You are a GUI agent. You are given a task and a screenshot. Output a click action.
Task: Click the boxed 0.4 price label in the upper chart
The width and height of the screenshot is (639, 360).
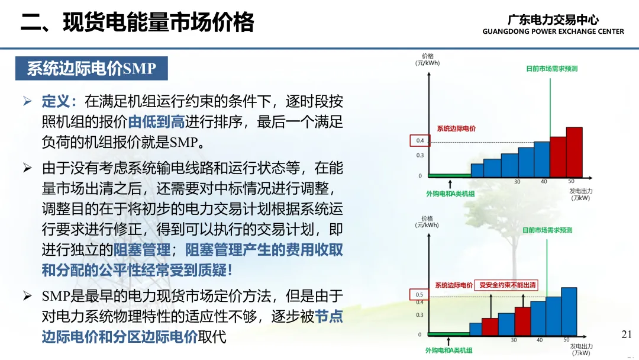419,141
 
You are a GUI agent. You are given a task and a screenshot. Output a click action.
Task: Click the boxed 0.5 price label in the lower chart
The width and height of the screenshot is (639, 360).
419,294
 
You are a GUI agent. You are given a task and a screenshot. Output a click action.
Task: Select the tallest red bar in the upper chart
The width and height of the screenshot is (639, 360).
574,152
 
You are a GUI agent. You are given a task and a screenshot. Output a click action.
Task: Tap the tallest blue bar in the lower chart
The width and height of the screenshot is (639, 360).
569,311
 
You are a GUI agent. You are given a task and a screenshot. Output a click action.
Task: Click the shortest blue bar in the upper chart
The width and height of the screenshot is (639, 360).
477,171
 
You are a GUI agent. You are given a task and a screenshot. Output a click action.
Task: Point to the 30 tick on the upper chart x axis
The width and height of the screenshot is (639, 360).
517,182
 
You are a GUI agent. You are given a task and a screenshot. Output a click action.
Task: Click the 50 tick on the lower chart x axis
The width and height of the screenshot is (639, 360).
566,340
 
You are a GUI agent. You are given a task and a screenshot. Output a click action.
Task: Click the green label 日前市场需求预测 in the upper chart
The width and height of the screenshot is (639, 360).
552,69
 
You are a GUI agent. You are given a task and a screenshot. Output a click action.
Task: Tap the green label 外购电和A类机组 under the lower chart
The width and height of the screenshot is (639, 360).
448,350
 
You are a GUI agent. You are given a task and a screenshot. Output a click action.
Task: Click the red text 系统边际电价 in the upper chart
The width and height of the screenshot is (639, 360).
456,129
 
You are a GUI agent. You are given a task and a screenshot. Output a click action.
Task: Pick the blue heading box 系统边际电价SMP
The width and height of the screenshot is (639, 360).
92,69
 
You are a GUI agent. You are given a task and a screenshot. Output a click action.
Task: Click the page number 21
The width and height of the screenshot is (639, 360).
627,335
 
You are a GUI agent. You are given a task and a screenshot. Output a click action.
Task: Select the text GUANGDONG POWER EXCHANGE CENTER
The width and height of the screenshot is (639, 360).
553,31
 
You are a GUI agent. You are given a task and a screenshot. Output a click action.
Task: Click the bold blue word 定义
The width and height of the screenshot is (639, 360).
56,101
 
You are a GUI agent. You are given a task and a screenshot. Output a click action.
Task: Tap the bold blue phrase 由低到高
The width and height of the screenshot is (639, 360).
156,122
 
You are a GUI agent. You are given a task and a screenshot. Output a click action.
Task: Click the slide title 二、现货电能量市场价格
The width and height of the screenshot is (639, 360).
137,22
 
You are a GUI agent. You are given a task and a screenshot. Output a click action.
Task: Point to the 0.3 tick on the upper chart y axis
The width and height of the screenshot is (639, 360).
419,155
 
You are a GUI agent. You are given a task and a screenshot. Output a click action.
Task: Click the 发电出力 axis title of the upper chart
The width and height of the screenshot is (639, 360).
581,191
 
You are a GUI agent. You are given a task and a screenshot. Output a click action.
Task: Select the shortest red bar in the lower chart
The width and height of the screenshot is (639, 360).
490,327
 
